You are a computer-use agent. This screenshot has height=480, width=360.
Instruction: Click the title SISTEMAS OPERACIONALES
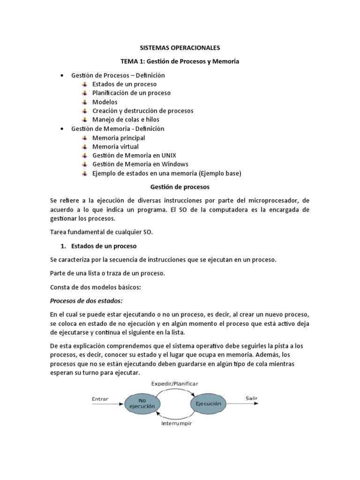point(180,48)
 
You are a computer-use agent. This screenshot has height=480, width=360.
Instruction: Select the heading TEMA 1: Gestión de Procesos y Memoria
point(180,61)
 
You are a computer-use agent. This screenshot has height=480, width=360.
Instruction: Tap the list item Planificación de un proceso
point(131,93)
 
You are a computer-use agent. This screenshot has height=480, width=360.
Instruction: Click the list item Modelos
point(105,102)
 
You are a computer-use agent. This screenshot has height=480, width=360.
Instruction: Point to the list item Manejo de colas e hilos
point(126,120)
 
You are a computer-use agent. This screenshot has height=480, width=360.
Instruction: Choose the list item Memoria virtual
point(115,147)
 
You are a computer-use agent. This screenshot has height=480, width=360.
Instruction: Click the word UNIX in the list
point(167,155)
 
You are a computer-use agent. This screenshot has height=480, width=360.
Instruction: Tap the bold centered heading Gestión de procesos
point(180,187)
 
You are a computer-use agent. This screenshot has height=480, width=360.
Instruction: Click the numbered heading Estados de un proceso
point(104,246)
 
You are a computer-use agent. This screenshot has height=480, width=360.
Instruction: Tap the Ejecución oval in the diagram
point(208,403)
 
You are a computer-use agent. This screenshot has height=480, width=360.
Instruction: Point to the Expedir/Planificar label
point(175,383)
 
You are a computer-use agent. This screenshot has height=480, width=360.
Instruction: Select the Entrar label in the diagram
point(100,399)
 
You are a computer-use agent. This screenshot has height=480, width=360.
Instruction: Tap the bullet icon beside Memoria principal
point(84,138)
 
